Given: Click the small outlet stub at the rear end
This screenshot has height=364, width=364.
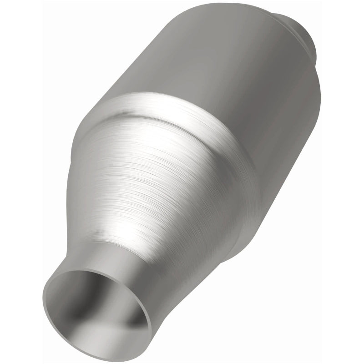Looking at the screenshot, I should point(300,32).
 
